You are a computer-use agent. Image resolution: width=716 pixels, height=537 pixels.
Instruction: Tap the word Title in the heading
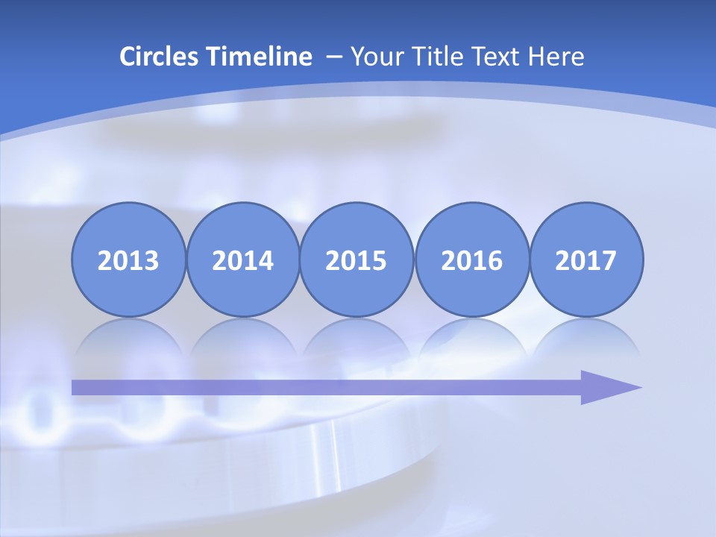tap(435, 57)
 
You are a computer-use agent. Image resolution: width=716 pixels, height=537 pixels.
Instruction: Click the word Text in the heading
tap(497, 57)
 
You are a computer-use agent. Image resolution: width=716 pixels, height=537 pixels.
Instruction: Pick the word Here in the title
tap(556, 57)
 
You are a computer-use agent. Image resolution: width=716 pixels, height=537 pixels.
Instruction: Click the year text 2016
tap(471, 261)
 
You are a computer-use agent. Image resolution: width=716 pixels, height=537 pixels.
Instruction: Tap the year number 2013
tap(128, 261)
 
